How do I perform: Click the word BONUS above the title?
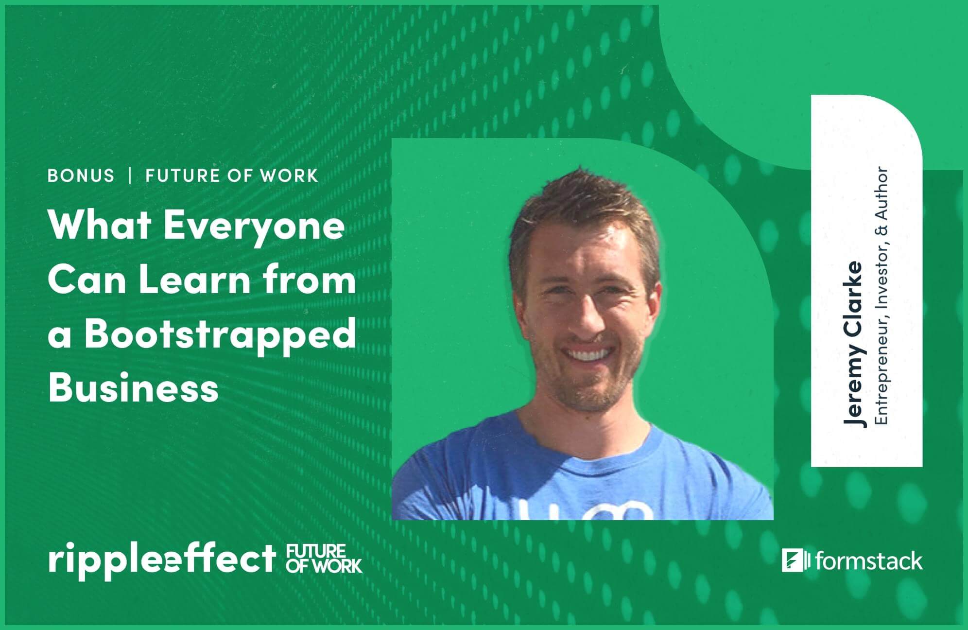click(x=81, y=175)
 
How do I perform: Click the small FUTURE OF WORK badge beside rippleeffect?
click(x=324, y=559)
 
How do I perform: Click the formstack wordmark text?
click(x=869, y=561)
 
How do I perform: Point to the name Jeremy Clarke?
click(x=854, y=344)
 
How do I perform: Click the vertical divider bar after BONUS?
click(x=130, y=175)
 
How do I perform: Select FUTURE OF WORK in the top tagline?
click(x=232, y=175)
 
